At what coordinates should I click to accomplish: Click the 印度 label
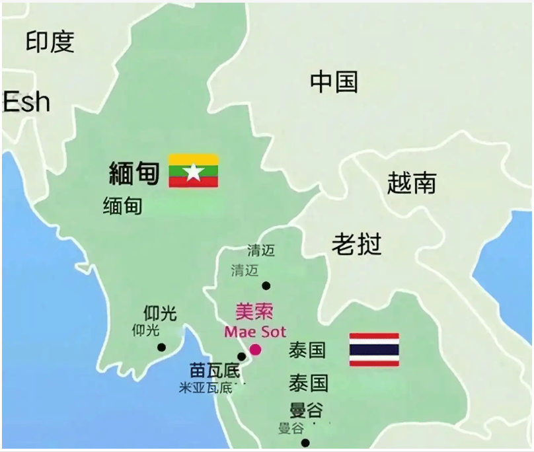pos(50,42)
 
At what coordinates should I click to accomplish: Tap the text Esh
pos(26,102)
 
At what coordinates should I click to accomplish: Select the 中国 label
pos(334,82)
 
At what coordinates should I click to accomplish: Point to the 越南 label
pos(411,183)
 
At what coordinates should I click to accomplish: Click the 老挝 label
pos(356,245)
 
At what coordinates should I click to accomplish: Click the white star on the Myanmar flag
pos(193,172)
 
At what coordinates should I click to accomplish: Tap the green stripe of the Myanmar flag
pos(193,171)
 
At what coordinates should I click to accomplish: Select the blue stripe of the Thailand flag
pos(374,350)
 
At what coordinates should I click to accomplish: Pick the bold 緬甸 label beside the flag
pos(134,173)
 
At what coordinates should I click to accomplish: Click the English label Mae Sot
pos(254,332)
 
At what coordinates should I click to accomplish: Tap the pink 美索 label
pos(254,312)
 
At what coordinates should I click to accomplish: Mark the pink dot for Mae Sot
pos(255,350)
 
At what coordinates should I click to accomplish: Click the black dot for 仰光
pos(161,348)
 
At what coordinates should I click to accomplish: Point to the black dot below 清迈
pos(266,286)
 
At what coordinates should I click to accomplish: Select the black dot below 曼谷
pos(305,443)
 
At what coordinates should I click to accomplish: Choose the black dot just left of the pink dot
pos(241,357)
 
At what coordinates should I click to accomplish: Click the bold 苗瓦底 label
pos(214,371)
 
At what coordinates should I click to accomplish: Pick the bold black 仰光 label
pos(160,313)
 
